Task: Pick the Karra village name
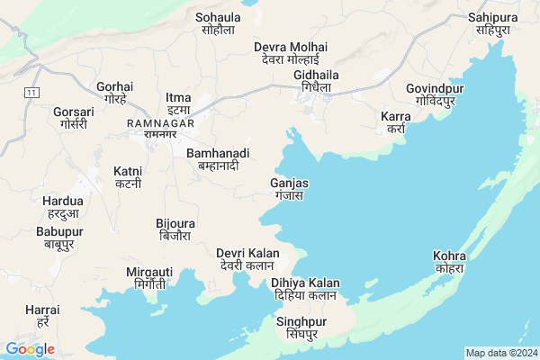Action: tap(395, 122)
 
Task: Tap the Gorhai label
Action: tap(115, 93)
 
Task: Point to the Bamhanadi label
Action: tap(217, 160)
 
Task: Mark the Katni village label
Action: tap(128, 176)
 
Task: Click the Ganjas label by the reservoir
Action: tap(289, 189)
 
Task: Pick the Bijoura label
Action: tap(175, 229)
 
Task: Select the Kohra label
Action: tap(448, 262)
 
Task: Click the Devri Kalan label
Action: tap(247, 259)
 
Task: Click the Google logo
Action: tap(30, 348)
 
